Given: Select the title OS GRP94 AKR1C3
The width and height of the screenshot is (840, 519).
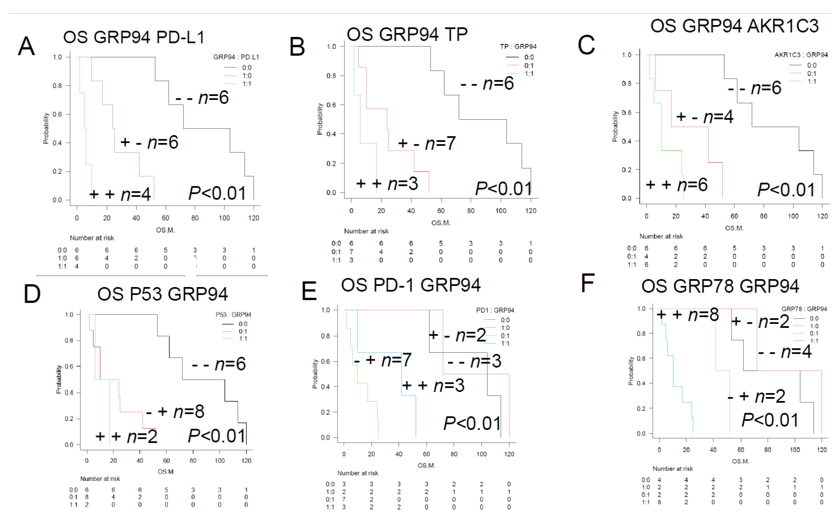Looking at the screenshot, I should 734,26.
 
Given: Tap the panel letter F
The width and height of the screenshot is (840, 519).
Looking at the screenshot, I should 587,283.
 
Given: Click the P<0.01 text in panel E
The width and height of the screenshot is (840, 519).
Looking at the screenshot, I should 472,423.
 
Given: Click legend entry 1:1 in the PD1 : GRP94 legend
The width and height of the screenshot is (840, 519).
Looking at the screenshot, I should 505,343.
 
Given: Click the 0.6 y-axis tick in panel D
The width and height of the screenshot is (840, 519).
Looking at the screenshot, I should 69,366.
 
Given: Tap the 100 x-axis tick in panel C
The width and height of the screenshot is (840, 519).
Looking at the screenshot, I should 793,216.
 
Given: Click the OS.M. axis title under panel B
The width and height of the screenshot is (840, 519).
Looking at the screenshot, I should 441,223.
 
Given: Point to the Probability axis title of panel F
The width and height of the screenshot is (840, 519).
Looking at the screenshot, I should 630,371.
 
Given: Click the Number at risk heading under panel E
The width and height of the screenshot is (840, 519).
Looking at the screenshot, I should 358,473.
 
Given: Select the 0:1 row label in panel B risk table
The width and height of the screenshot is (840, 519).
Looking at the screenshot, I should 336,251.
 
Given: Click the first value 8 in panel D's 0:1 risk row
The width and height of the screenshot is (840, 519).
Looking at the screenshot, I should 87,497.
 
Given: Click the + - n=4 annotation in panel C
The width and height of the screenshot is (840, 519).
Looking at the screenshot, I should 705,117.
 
